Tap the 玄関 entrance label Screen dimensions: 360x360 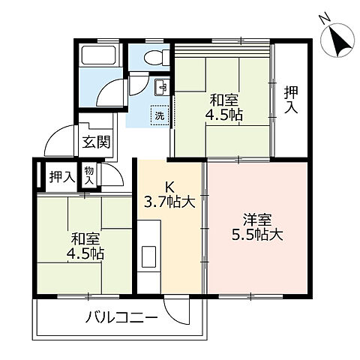[x=94, y=142]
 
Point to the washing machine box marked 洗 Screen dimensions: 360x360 [x=160, y=115]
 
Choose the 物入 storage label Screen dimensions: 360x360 [x=89, y=176]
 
